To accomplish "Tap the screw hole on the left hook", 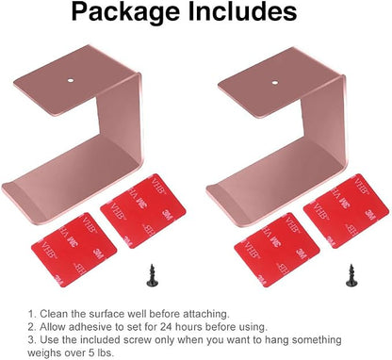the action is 71,80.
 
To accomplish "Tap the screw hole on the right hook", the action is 275,83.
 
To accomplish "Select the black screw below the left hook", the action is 153,275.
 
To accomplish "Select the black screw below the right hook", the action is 351,275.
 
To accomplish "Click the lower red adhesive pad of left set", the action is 74,250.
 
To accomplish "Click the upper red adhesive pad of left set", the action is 143,211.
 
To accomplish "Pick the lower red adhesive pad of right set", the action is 277,250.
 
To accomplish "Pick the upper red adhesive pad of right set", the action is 346,211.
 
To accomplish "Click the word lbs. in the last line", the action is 105,352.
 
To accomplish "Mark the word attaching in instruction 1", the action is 206,315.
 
